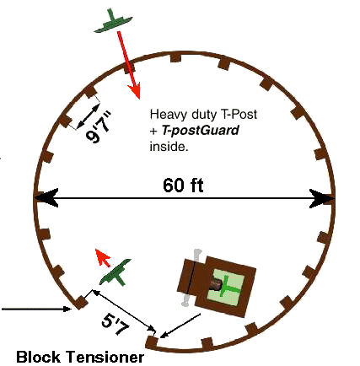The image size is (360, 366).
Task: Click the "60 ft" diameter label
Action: tap(183, 185)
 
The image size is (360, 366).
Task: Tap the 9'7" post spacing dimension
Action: tap(99, 126)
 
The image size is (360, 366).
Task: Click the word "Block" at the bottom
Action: tap(38, 357)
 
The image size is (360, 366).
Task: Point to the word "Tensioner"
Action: tap(105, 357)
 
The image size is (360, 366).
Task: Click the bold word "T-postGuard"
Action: tap(201, 131)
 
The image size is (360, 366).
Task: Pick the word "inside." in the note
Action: tap(169, 147)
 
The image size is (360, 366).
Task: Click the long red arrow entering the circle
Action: tap(129, 65)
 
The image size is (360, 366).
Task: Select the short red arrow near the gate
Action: tap(102, 257)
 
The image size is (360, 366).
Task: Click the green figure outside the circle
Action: tap(113, 21)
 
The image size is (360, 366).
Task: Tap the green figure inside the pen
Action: tap(116, 272)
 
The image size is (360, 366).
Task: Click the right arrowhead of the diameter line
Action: tap(322, 198)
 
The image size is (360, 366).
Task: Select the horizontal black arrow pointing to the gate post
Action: tap(36, 309)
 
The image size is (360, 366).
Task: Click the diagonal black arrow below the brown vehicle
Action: tap(180, 326)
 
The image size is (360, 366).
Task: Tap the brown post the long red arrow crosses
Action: tap(130, 67)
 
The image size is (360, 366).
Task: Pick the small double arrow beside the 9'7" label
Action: tap(88, 116)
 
